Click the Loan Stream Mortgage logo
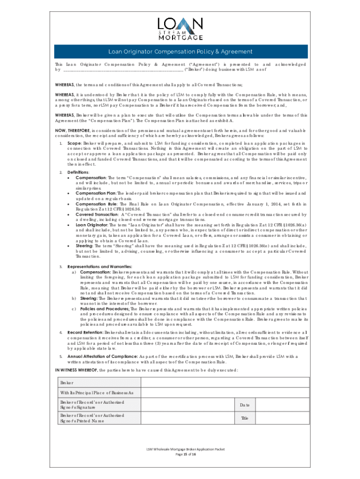pos(180,29)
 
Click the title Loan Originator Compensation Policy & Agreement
pos(180,51)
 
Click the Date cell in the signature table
pos(245,405)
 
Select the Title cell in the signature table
pos(245,418)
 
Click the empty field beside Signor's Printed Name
pos(187,418)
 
